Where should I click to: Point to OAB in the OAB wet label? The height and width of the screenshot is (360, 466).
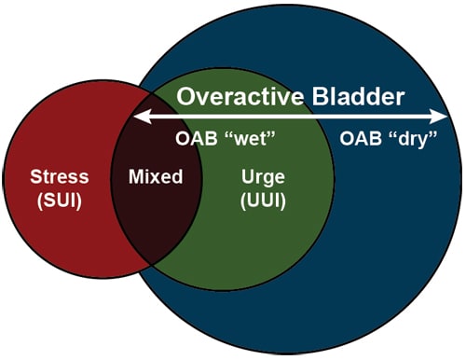click(x=193, y=141)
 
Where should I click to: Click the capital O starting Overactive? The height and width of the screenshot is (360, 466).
click(x=186, y=96)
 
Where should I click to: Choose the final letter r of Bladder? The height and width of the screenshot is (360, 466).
click(x=402, y=97)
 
